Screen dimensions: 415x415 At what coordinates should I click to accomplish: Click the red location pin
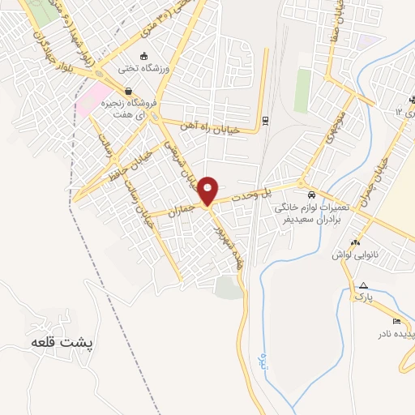point(208,190)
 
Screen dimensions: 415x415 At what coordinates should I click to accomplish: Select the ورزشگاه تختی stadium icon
point(143,56)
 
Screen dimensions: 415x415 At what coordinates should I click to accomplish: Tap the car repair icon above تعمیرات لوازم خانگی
point(311,195)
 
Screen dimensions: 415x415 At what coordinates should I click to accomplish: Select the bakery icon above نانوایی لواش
point(355,242)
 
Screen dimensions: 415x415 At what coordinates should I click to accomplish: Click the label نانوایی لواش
point(354,255)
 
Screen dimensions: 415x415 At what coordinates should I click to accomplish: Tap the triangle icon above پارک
point(364,285)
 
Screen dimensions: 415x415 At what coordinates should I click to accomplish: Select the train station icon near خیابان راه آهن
point(265,121)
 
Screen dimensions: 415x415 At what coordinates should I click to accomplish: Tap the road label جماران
point(182,208)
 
